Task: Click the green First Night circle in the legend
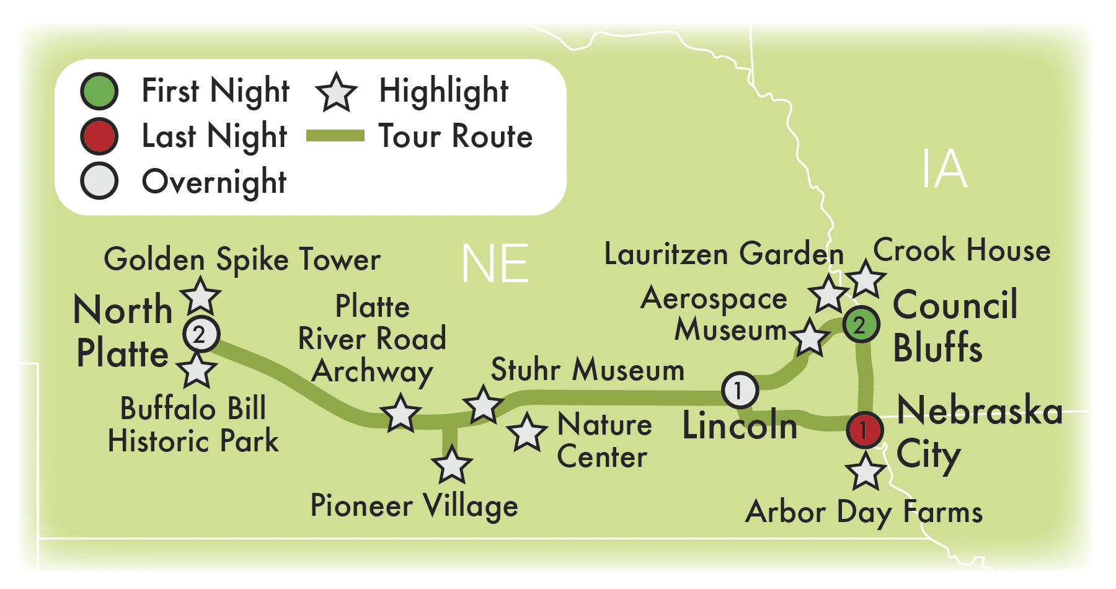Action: click(99, 91)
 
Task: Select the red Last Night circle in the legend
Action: click(99, 136)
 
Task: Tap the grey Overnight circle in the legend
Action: click(99, 181)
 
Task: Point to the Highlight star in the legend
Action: click(336, 92)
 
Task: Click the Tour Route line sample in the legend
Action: click(335, 136)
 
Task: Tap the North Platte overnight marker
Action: click(201, 335)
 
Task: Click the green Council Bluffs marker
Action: click(861, 324)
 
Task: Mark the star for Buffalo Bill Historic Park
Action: click(197, 370)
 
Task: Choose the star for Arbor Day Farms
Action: click(866, 471)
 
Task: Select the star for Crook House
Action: click(866, 280)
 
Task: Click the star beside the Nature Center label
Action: click(527, 432)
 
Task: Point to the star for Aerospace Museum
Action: click(810, 338)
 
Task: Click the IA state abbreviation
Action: click(944, 169)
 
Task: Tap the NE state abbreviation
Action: click(495, 264)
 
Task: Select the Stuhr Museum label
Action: click(587, 370)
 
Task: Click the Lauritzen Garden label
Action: click(724, 254)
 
